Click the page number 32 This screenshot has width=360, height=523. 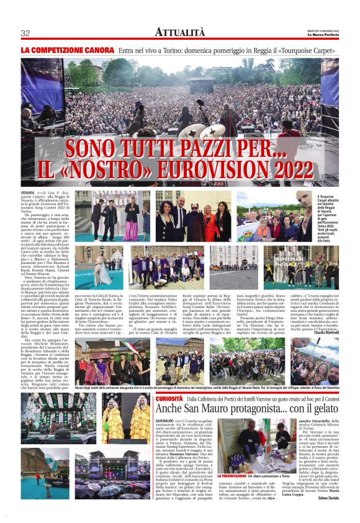[25, 33]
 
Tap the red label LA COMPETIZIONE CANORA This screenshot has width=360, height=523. [67, 49]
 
